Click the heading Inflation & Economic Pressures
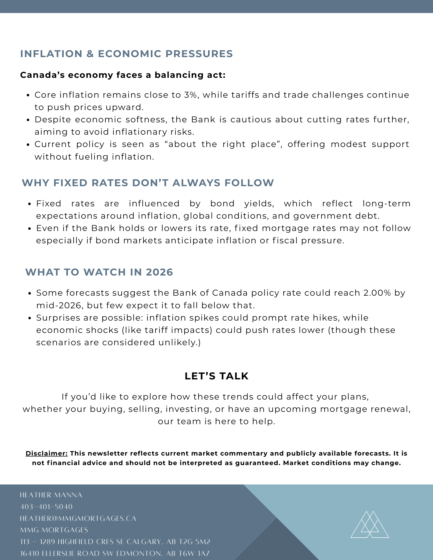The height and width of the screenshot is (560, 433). (x=126, y=54)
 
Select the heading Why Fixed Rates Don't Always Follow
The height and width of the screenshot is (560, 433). (x=148, y=183)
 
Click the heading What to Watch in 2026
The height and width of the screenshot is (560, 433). (x=99, y=272)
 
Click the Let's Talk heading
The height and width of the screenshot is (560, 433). (x=216, y=376)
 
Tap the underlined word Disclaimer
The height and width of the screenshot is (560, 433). (x=47, y=453)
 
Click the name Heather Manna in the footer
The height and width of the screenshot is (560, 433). (x=51, y=495)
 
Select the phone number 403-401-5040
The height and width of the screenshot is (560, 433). (x=46, y=507)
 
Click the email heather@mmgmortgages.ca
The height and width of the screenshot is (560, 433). (x=78, y=519)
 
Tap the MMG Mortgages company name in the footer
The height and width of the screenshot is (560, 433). (x=54, y=530)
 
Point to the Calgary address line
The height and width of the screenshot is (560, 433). (x=115, y=542)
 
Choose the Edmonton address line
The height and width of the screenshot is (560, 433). (x=115, y=554)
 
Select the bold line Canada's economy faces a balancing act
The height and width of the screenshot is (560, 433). (x=123, y=75)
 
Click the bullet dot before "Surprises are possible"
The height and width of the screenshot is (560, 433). (x=30, y=318)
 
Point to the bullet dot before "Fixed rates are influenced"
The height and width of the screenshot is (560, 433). (x=30, y=204)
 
